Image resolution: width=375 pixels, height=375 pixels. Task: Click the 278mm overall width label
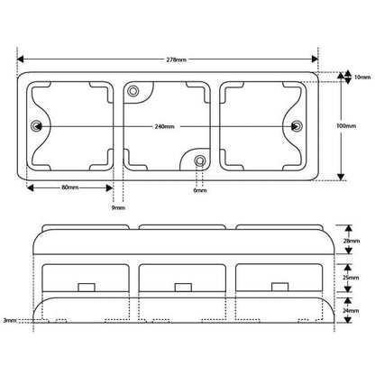pyautogui.click(x=177, y=59)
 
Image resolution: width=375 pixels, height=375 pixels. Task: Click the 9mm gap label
pyautogui.click(x=117, y=207)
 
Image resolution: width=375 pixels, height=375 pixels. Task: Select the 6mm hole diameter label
pyautogui.click(x=199, y=191)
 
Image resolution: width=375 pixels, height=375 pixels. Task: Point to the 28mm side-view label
pyautogui.click(x=354, y=242)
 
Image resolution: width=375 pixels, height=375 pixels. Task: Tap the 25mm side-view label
pyautogui.click(x=354, y=279)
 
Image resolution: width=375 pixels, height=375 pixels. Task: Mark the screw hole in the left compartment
pyautogui.click(x=38, y=125)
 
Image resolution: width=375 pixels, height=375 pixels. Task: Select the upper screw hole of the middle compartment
pyautogui.click(x=134, y=91)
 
